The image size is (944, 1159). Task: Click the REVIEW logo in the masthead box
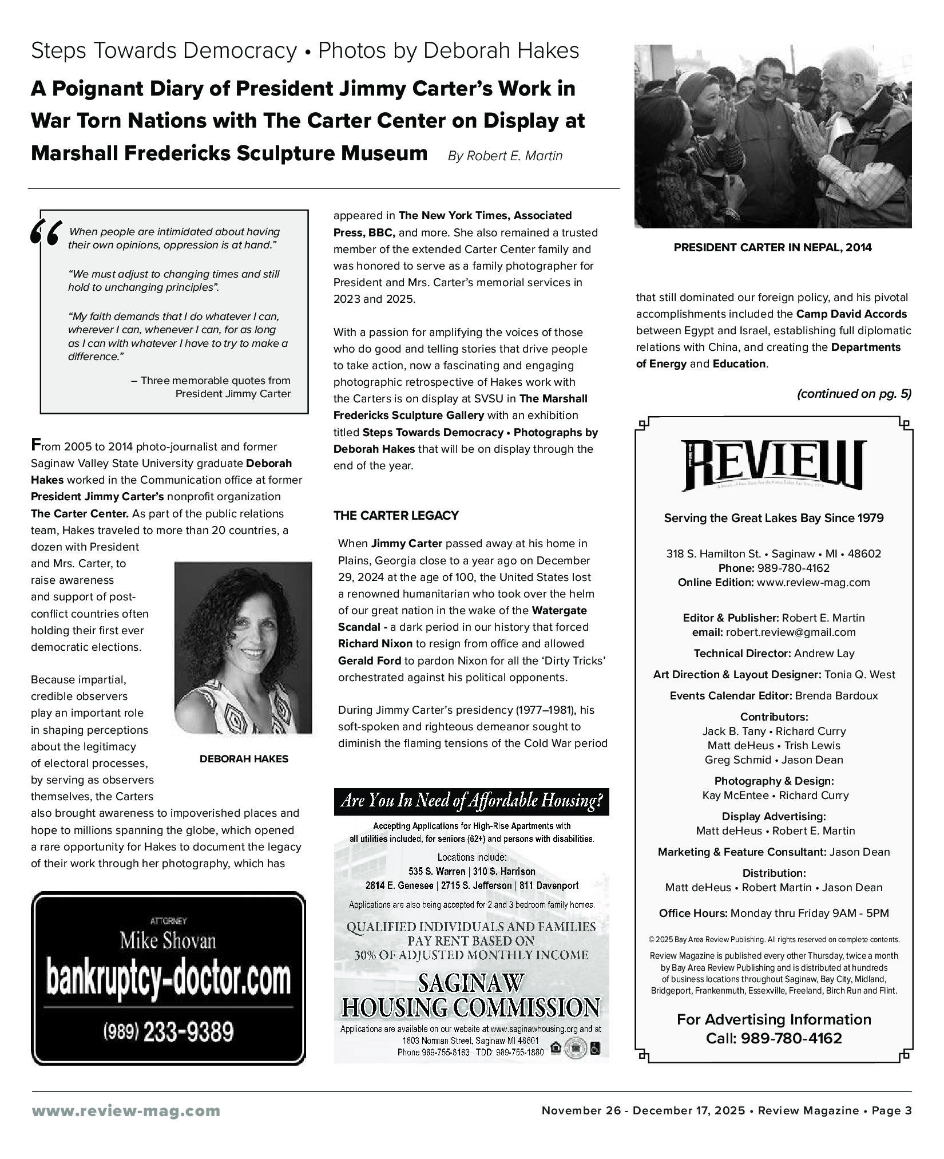773,465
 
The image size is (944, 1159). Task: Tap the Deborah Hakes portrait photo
243,647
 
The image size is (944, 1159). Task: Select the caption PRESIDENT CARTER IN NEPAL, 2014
772,248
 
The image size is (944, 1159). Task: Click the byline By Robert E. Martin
505,156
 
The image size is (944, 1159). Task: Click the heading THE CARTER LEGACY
396,516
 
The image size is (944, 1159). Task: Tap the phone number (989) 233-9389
168,1032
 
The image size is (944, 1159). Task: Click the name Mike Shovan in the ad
168,941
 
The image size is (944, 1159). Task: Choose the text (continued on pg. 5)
854,394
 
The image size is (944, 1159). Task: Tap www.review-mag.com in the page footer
125,1111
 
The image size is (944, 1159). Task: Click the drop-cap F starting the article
35,445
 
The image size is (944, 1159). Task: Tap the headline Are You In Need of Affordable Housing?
471,801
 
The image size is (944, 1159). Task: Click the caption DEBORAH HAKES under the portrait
244,759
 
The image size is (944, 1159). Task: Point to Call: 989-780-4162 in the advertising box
774,1038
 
